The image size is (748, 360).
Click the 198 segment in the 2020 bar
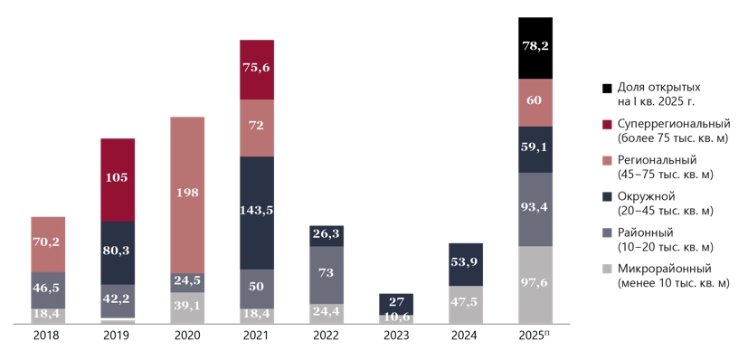coord(187,195)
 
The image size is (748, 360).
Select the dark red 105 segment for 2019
coord(118,180)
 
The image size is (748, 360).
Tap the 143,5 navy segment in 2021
coord(257,213)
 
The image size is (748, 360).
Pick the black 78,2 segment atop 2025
coord(535,48)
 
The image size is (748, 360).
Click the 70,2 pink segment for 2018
coord(48,244)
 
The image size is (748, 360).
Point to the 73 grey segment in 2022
coord(327,275)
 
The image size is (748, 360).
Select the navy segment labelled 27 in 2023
coord(396,304)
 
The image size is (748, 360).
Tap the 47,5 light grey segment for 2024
coord(466,305)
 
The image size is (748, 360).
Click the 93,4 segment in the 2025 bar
coord(535,209)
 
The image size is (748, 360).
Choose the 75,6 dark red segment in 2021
coord(257,70)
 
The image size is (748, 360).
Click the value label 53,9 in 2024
coord(466,261)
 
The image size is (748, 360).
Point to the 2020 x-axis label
coord(187,336)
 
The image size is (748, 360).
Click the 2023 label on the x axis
coord(396,336)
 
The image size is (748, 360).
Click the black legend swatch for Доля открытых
coord(607,89)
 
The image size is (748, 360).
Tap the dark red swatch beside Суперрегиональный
coord(607,125)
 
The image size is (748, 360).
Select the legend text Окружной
coord(645,196)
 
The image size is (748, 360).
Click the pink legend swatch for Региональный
coord(607,161)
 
